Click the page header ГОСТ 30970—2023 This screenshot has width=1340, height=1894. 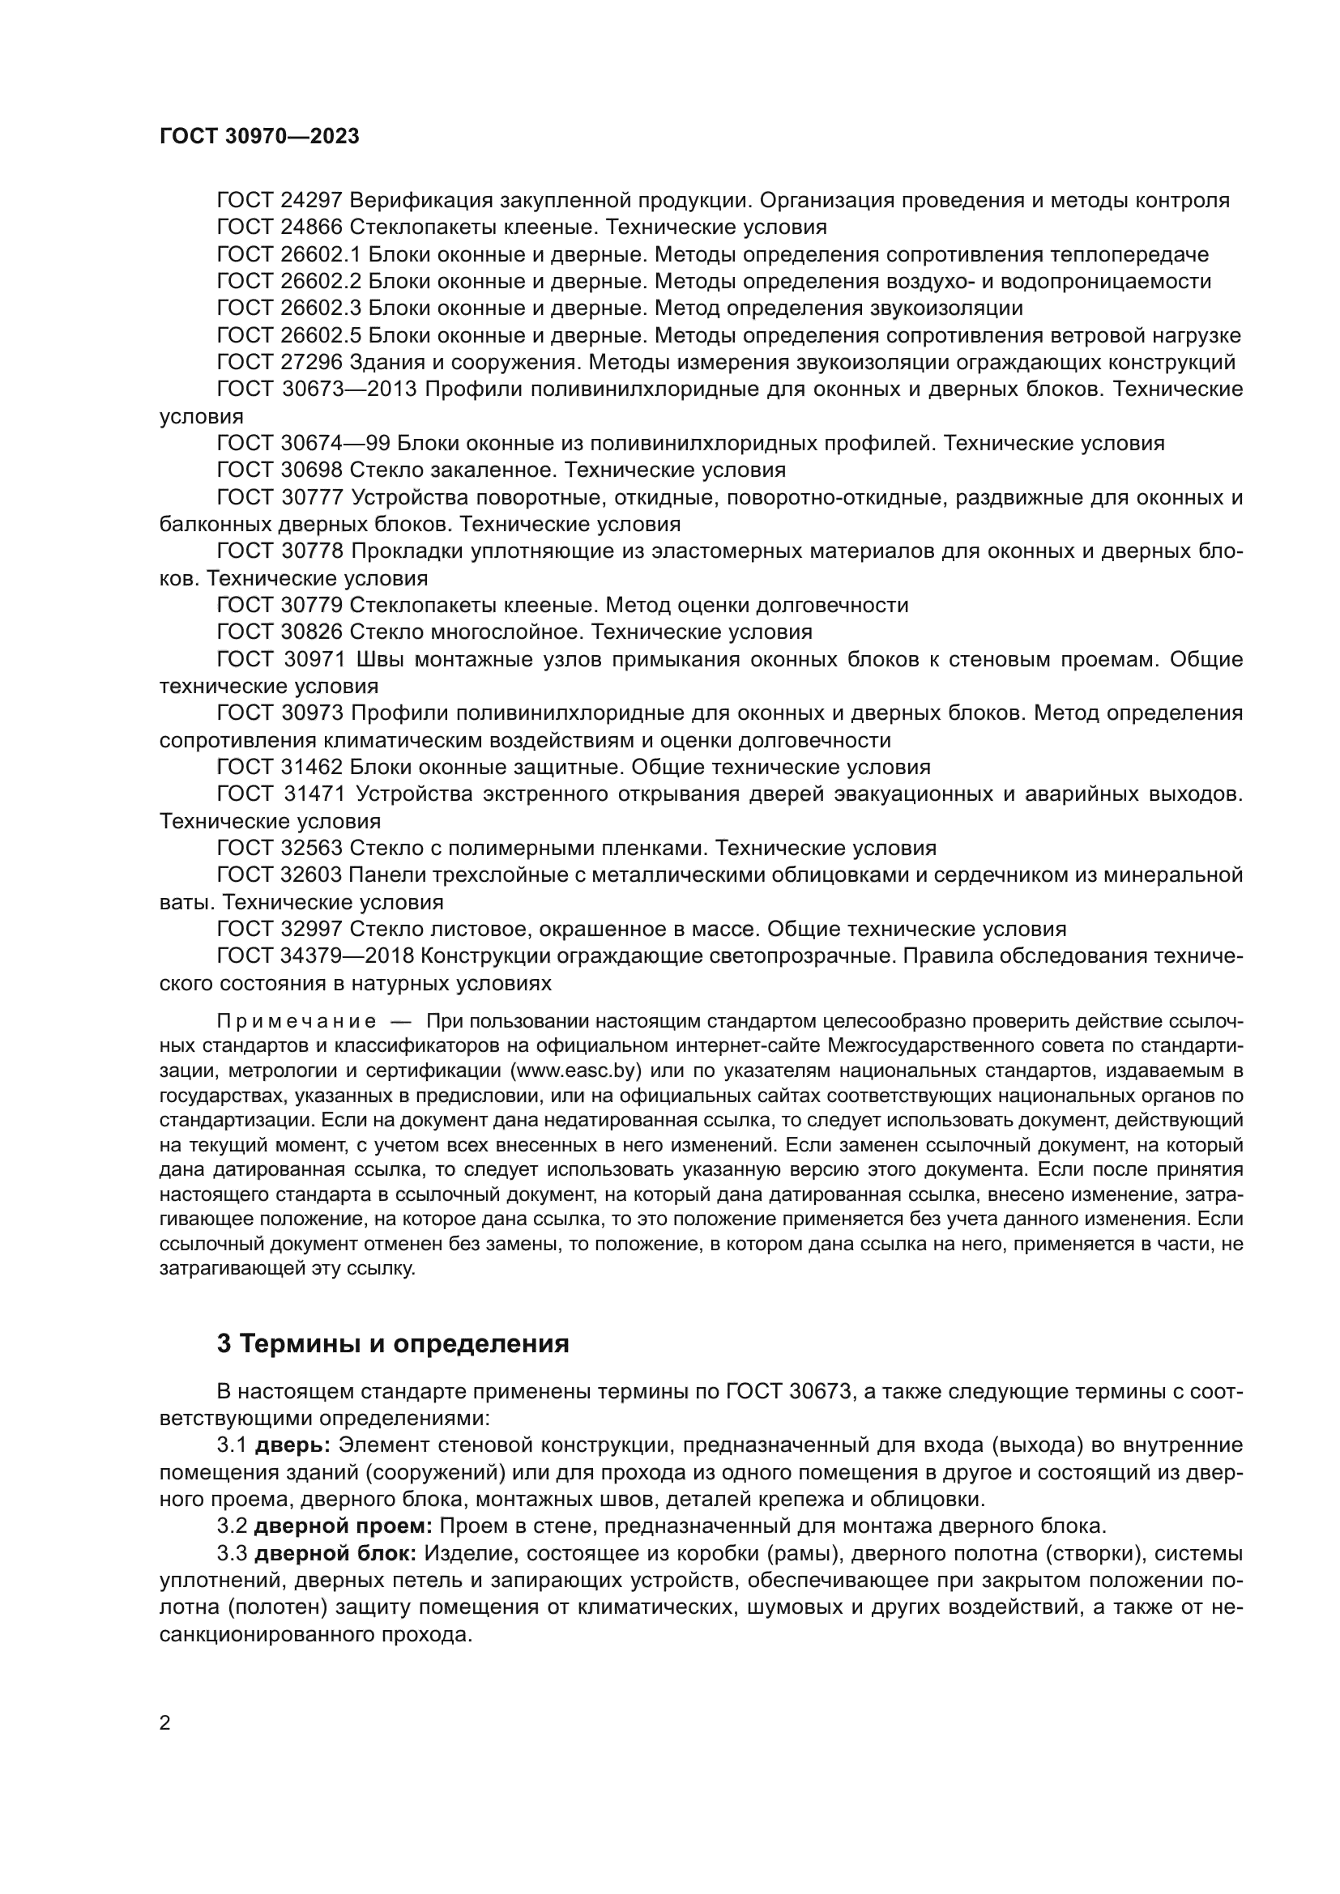pyautogui.click(x=259, y=137)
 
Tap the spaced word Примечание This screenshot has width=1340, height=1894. pyautogui.click(x=297, y=1022)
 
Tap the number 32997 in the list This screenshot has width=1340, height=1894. pyautogui.click(x=311, y=930)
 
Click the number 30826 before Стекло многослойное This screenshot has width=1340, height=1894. pyautogui.click(x=311, y=632)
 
